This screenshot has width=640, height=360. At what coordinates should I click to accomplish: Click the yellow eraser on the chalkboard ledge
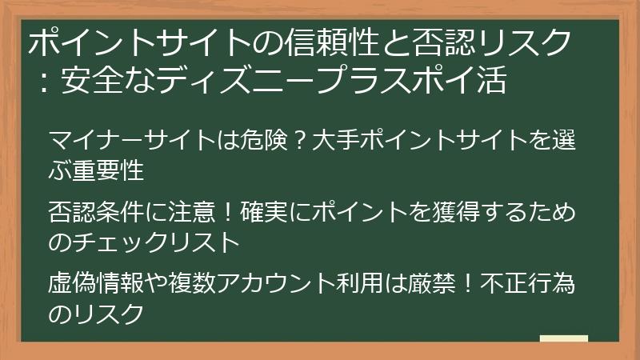pyautogui.click(x=563, y=338)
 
